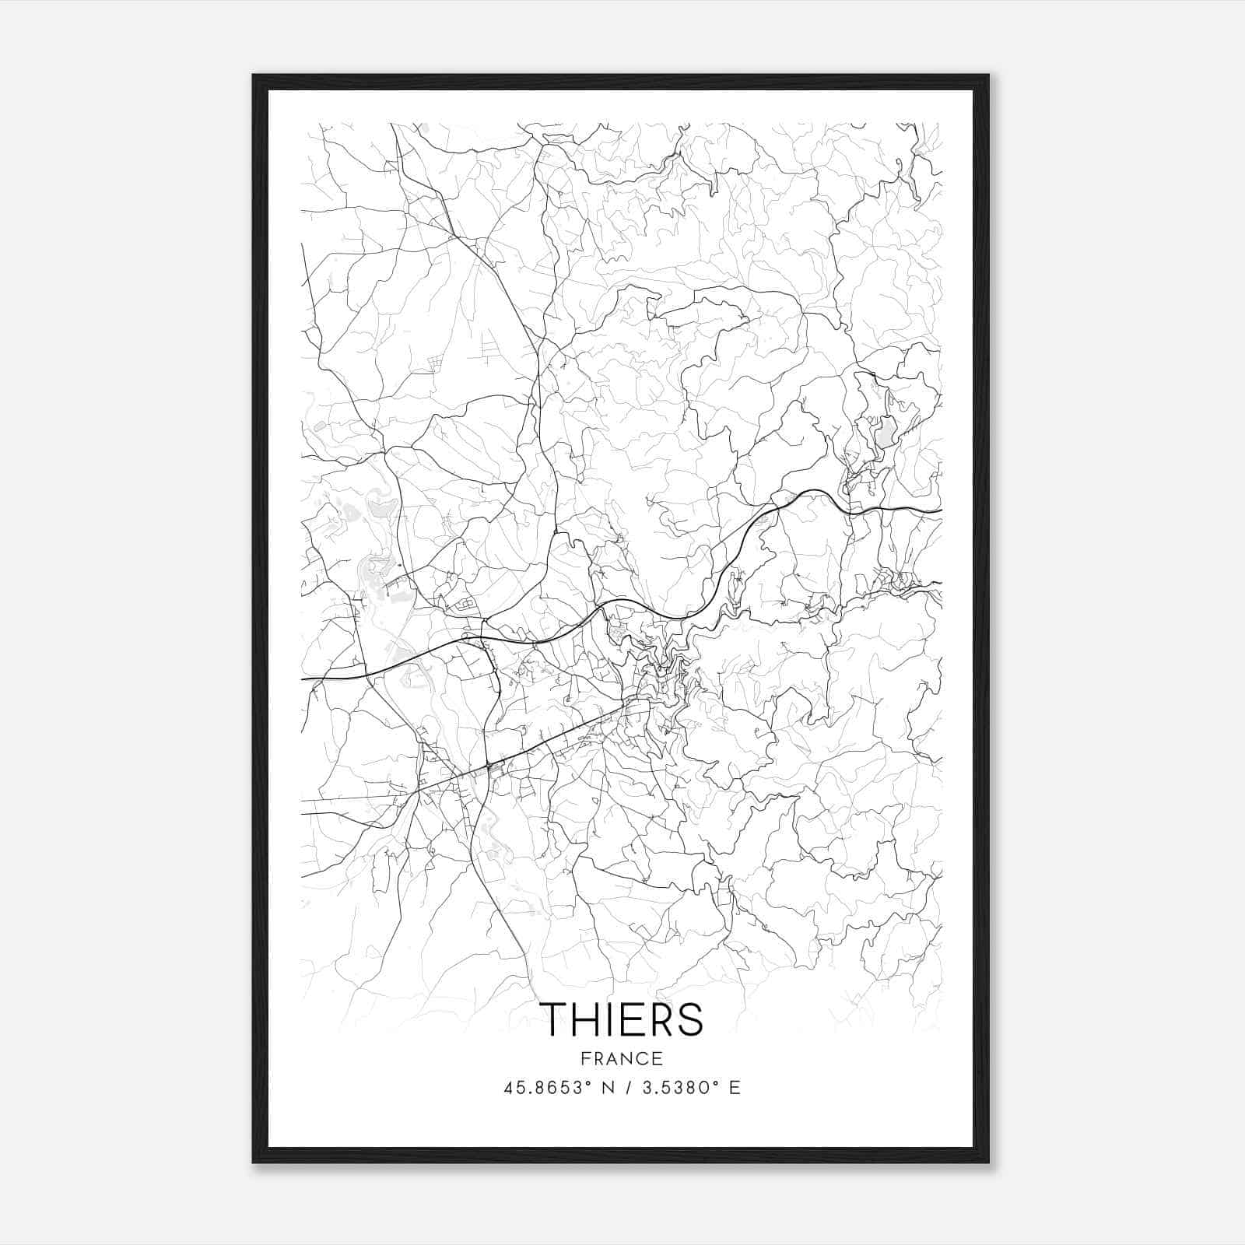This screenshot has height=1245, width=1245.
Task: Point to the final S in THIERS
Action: pos(690,1019)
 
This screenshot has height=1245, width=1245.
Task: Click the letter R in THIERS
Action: pos(662,1019)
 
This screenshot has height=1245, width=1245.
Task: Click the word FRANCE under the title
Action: pos(622,1058)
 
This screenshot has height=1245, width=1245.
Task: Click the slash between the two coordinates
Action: pos(627,1088)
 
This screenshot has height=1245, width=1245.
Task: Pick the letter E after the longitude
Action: pos(735,1088)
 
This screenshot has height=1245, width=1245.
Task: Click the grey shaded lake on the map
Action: pos(886,432)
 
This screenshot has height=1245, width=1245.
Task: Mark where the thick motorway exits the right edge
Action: pos(940,510)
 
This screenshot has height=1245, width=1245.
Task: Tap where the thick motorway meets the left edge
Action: pos(303,679)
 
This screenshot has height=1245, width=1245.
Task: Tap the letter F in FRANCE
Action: pos(584,1058)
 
